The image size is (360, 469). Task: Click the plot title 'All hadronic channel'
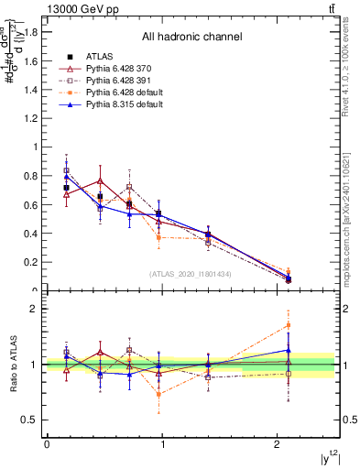tap(191, 37)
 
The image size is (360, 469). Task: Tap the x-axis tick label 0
tap(47, 444)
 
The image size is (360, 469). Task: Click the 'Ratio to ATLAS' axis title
tap(13, 365)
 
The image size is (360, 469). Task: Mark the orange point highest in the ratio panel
tap(289, 325)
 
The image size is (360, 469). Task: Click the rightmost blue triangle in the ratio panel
tap(289, 350)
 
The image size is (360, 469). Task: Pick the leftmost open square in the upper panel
tap(66, 170)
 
